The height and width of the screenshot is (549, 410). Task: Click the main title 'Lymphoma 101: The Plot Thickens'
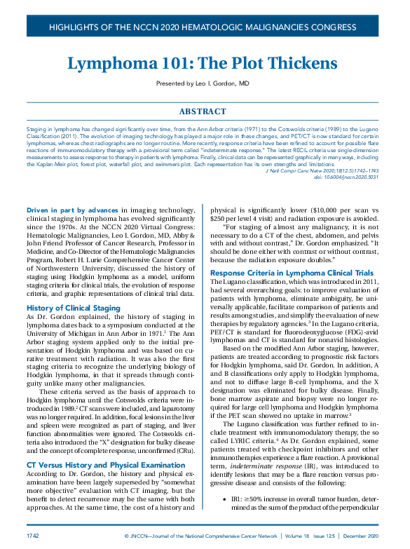(203, 63)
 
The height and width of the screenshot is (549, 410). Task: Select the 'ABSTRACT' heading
(203, 111)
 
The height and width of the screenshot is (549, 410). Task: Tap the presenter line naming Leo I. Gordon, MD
(203, 84)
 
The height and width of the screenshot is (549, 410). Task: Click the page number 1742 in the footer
(32, 535)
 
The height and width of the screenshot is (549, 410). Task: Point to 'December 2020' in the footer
(362, 535)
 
